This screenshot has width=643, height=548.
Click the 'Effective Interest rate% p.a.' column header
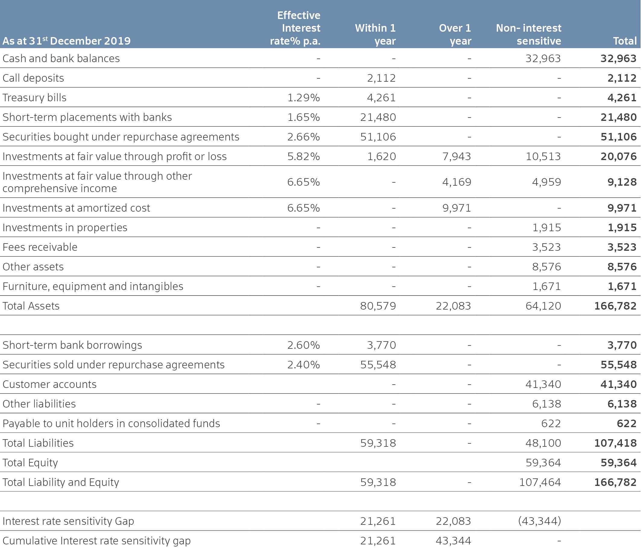(x=295, y=28)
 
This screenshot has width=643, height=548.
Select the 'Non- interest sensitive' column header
(x=529, y=34)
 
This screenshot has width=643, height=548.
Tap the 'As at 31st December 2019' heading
(x=66, y=41)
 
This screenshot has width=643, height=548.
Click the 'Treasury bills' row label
(x=34, y=97)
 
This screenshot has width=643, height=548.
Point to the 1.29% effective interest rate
(x=303, y=97)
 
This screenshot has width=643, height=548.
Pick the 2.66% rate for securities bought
(x=303, y=137)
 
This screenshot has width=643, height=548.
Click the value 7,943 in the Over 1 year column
(x=456, y=156)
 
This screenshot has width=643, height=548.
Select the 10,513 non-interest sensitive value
(x=543, y=156)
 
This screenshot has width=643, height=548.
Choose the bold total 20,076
(x=619, y=156)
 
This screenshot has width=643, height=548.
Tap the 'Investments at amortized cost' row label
(x=76, y=208)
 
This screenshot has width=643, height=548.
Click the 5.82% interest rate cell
(x=303, y=156)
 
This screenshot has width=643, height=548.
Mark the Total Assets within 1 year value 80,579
(x=378, y=306)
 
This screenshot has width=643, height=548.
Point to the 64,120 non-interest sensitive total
(x=543, y=306)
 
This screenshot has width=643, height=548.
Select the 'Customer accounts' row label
(x=49, y=384)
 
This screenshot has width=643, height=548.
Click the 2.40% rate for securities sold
(x=303, y=364)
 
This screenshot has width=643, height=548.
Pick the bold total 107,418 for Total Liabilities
(x=615, y=443)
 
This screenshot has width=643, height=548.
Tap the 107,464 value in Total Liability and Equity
(x=540, y=482)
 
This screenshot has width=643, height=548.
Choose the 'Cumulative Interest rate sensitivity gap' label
(x=96, y=540)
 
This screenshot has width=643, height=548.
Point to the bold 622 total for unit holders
(x=626, y=423)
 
